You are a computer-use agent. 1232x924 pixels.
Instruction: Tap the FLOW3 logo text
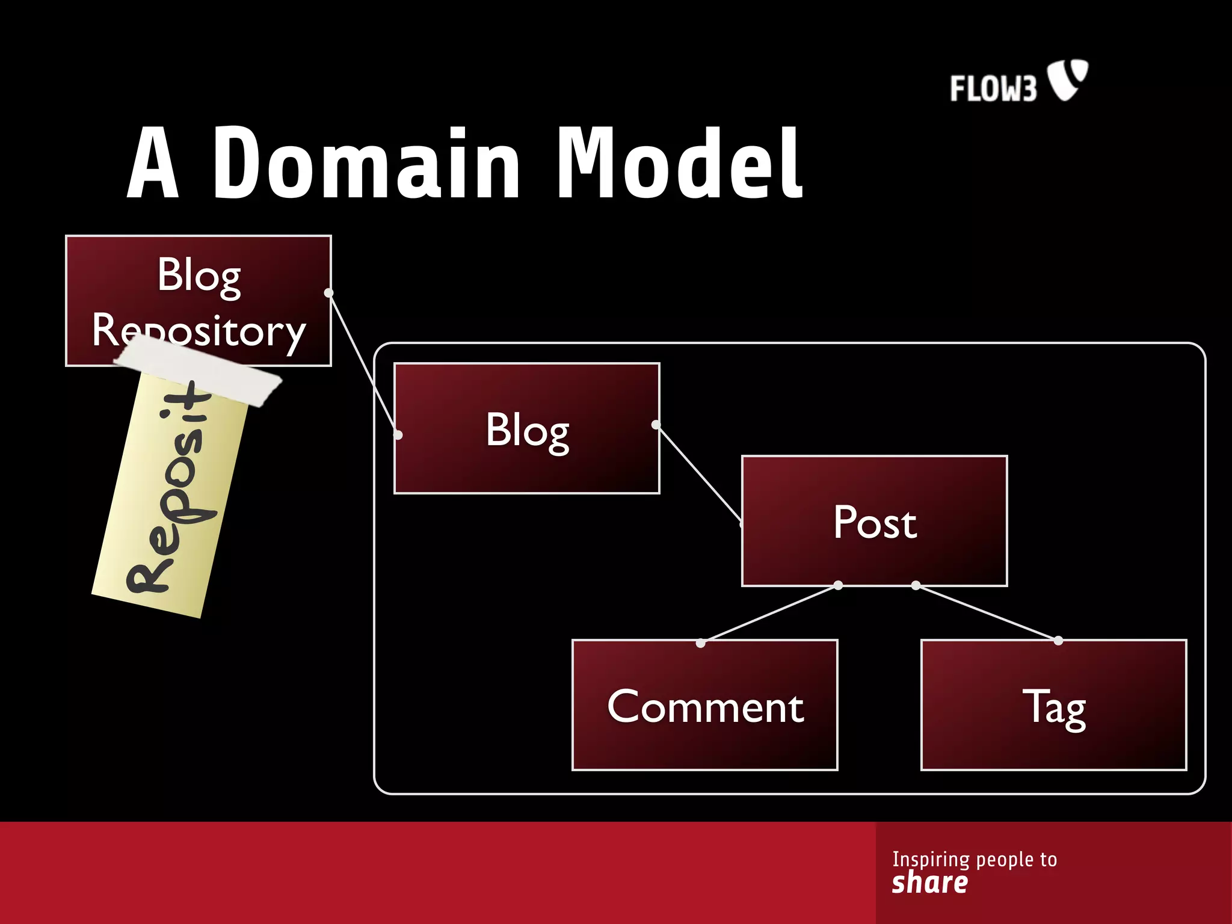click(x=993, y=88)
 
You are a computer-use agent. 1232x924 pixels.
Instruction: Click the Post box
click(x=874, y=521)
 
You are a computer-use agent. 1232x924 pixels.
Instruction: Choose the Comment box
click(x=704, y=705)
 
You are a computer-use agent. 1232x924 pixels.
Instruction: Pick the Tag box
click(x=1053, y=705)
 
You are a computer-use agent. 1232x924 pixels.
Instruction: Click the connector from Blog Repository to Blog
click(x=363, y=363)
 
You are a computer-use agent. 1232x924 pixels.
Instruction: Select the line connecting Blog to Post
click(x=698, y=472)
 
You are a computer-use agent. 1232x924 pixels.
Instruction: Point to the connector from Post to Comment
click(x=770, y=614)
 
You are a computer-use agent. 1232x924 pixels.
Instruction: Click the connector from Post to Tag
click(x=987, y=612)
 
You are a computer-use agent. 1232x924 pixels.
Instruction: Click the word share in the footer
click(x=929, y=882)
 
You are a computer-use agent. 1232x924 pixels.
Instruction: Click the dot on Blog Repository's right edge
click(x=328, y=293)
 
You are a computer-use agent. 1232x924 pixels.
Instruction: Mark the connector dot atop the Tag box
click(x=1058, y=641)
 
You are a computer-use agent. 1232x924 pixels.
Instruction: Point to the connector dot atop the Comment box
click(x=700, y=643)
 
